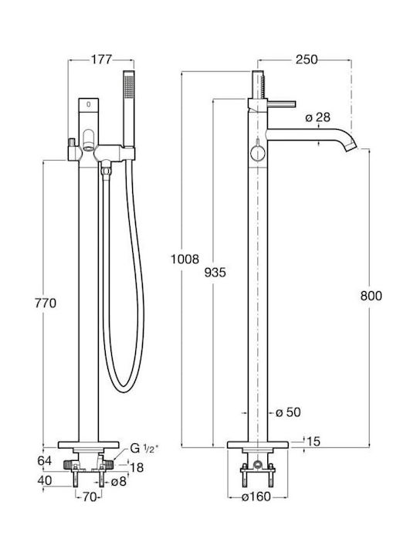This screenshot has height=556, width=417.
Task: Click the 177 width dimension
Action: point(101,59)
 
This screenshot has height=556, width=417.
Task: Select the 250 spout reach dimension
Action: point(307,59)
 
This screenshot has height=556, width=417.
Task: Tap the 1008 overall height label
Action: point(185,259)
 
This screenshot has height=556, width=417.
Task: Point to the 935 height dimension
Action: point(215,273)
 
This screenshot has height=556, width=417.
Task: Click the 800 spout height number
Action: point(371,295)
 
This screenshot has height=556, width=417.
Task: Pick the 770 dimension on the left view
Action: point(46,303)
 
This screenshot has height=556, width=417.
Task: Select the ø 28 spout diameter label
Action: point(317,117)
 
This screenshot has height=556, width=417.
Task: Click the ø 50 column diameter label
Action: point(288,412)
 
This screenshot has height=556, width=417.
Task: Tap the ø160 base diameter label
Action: point(256,497)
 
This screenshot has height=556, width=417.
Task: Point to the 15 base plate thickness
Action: point(313,441)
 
